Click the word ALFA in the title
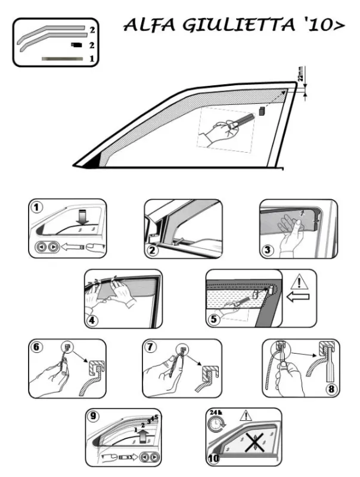pyautogui.click(x=149, y=25)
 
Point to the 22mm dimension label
pyautogui.click(x=300, y=74)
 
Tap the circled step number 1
pyautogui.click(x=37, y=207)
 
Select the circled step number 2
pyautogui.click(x=153, y=250)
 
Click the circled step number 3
pyautogui.click(x=268, y=250)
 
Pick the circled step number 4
pyautogui.click(x=92, y=320)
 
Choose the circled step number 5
pyautogui.click(x=214, y=319)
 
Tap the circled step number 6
pyautogui.click(x=36, y=347)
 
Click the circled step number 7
pyautogui.click(x=151, y=347)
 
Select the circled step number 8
pyautogui.click(x=331, y=389)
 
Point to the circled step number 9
pyautogui.click(x=94, y=416)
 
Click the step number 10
pyautogui.click(x=214, y=458)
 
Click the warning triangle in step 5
pyautogui.click(x=299, y=282)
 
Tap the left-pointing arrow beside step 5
pyautogui.click(x=298, y=297)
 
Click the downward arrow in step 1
pyautogui.click(x=82, y=218)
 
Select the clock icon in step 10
pyautogui.click(x=216, y=423)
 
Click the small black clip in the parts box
pyautogui.click(x=76, y=45)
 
